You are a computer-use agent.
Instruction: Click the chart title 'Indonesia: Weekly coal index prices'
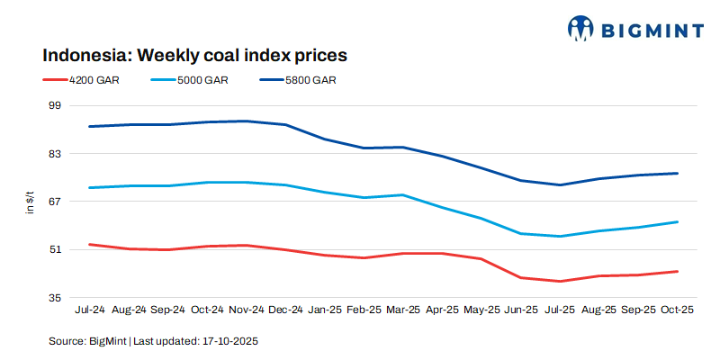194,55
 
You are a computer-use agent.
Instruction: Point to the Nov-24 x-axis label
246,310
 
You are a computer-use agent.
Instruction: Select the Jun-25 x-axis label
520,310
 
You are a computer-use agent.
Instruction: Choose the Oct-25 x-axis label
677,310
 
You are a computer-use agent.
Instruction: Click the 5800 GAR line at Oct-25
677,173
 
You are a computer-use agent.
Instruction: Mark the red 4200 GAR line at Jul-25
560,281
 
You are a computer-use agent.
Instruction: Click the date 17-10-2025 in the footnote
230,342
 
